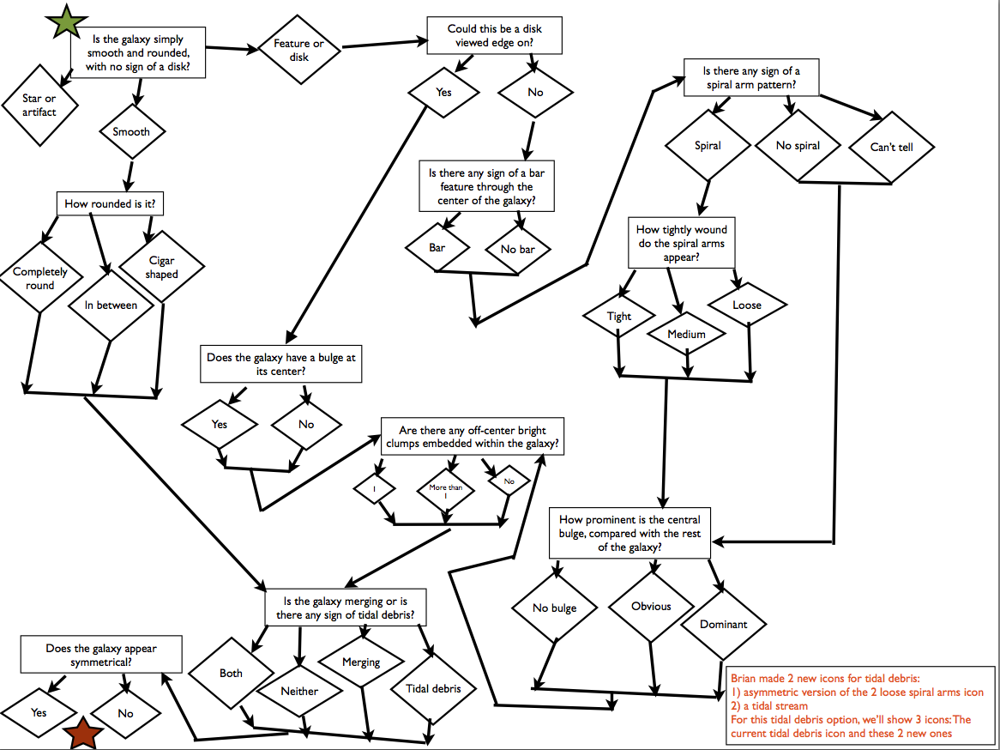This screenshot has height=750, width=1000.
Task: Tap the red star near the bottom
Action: click(84, 734)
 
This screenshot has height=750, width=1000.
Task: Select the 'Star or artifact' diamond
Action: click(39, 106)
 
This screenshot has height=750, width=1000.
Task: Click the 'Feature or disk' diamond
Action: click(298, 50)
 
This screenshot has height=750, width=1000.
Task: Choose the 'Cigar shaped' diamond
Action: click(161, 267)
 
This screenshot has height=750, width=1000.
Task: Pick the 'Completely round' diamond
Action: click(39, 278)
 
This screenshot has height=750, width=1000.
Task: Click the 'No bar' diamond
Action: click(516, 250)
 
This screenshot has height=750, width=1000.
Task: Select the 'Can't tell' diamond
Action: click(892, 147)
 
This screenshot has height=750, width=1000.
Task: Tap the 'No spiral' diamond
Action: click(798, 146)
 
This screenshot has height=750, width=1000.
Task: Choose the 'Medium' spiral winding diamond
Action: click(687, 334)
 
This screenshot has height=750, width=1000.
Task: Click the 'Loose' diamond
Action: click(747, 305)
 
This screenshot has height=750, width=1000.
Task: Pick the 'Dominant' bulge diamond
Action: click(724, 624)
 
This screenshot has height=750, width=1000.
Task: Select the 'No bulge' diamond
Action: click(554, 608)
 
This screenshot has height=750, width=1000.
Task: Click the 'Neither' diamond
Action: click(299, 691)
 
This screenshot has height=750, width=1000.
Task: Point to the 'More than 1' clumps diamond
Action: click(445, 492)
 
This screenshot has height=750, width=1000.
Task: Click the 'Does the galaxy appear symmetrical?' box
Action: click(101, 656)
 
